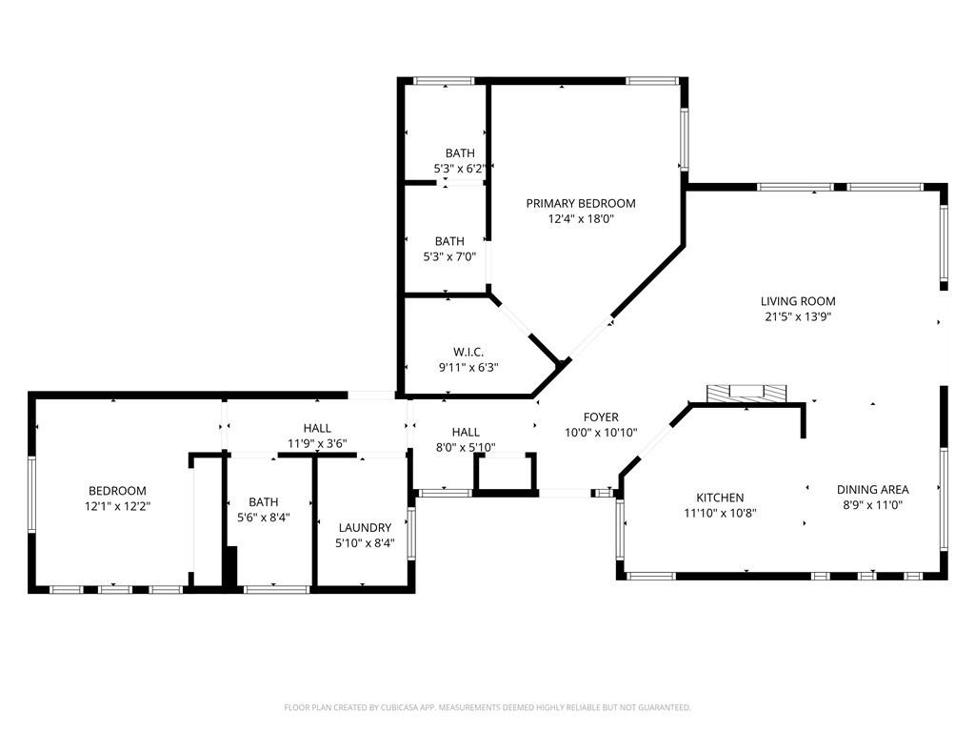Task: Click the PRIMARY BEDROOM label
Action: point(581,204)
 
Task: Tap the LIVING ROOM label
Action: point(798,301)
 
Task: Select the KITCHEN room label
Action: point(720,498)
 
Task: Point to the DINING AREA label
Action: point(872,490)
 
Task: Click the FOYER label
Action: point(601,417)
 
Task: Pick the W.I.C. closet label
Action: point(468,353)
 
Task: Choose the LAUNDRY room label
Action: point(365,528)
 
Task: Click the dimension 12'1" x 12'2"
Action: point(117,506)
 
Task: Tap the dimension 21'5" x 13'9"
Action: point(798,316)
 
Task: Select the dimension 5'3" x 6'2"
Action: point(460,168)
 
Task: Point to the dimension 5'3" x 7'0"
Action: point(449,256)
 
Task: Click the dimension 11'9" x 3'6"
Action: point(317,444)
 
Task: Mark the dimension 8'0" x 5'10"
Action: point(466,447)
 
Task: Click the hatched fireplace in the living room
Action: point(746,394)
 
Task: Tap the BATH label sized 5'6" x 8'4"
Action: point(264,501)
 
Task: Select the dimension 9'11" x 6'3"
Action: point(468,367)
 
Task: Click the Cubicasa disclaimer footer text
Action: point(487,708)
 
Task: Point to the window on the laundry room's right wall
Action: point(411,534)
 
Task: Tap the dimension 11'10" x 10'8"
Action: point(720,514)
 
